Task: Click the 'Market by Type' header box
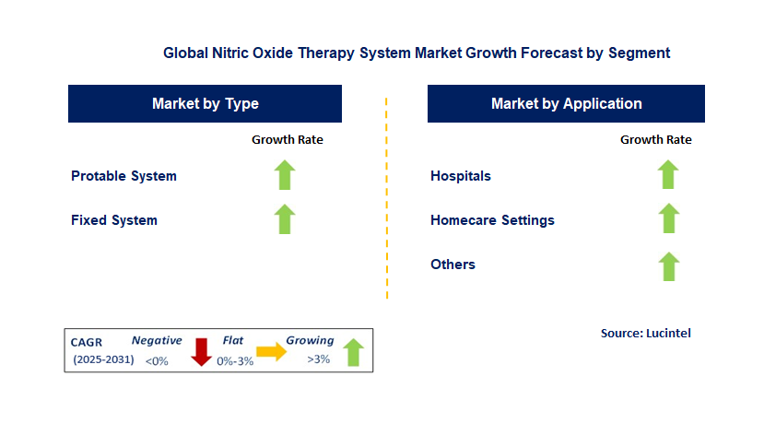point(205,103)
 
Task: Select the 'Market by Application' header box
point(566,103)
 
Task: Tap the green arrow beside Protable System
point(285,175)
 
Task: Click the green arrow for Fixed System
point(285,218)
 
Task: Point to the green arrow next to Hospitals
point(668,174)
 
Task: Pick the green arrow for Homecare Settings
point(668,218)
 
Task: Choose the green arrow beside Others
point(669,266)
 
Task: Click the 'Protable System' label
point(123,176)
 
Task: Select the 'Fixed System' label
point(114,220)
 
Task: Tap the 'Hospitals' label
point(461,176)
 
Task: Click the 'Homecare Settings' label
point(492,220)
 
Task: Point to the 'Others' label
point(453,265)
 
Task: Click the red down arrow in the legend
point(201,352)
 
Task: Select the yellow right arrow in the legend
point(271,351)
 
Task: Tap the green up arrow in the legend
point(353,352)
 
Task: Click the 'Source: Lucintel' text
point(646,333)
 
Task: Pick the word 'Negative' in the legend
point(157,340)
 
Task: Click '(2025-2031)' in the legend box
point(103,359)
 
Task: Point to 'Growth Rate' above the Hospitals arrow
point(656,139)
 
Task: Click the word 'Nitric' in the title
point(230,53)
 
